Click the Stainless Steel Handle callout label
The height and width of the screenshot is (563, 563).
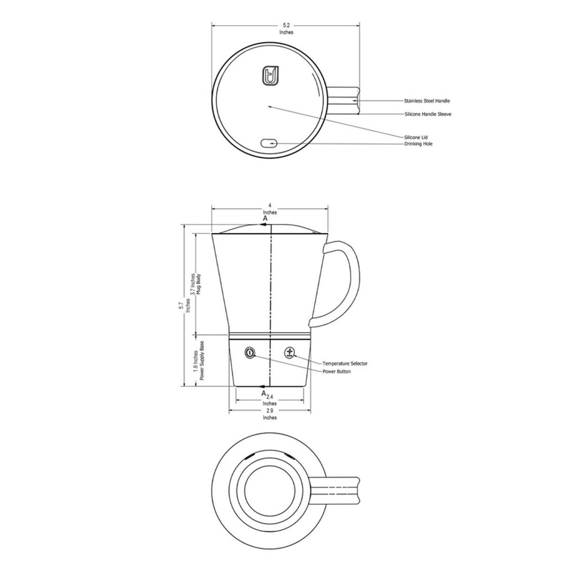point(427,101)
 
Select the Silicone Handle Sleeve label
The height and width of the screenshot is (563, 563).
point(428,114)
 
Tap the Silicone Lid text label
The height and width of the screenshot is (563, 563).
point(416,137)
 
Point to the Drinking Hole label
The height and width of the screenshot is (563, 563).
point(418,144)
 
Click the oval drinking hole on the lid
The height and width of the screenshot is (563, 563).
point(269,143)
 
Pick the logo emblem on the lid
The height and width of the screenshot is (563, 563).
point(271,76)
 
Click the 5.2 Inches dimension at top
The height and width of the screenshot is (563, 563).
point(286,29)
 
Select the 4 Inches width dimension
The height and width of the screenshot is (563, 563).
point(270,209)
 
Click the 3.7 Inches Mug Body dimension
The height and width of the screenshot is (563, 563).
point(195,284)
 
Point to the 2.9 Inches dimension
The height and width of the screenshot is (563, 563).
point(270,414)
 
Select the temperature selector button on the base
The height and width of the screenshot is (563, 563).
point(289,352)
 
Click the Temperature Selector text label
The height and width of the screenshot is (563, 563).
point(345,364)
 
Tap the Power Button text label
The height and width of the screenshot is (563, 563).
point(336,372)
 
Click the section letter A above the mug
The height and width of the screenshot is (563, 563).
point(265,219)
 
